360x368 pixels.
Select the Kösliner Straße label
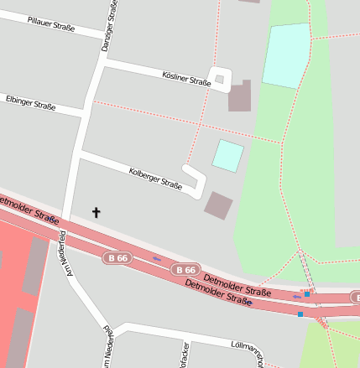[x=185, y=78]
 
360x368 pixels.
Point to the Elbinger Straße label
[x=30, y=103]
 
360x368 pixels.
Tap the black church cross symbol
[x=96, y=213]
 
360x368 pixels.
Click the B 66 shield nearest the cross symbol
[x=117, y=258]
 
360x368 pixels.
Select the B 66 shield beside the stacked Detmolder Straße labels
[x=185, y=270]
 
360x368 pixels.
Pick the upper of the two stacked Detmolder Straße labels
[x=237, y=287]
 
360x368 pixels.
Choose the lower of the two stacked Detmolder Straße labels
[x=217, y=294]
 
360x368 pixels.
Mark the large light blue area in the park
[x=286, y=55]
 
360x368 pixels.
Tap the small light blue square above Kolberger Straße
[x=227, y=156]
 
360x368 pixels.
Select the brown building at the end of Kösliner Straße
[x=240, y=97]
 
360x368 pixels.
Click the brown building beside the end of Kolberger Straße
[x=219, y=205]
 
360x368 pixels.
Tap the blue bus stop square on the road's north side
[x=307, y=294]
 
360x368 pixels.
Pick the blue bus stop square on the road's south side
[x=300, y=314]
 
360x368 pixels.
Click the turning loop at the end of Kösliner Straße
[x=220, y=79]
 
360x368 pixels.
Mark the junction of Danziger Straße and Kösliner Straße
[x=103, y=62]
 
